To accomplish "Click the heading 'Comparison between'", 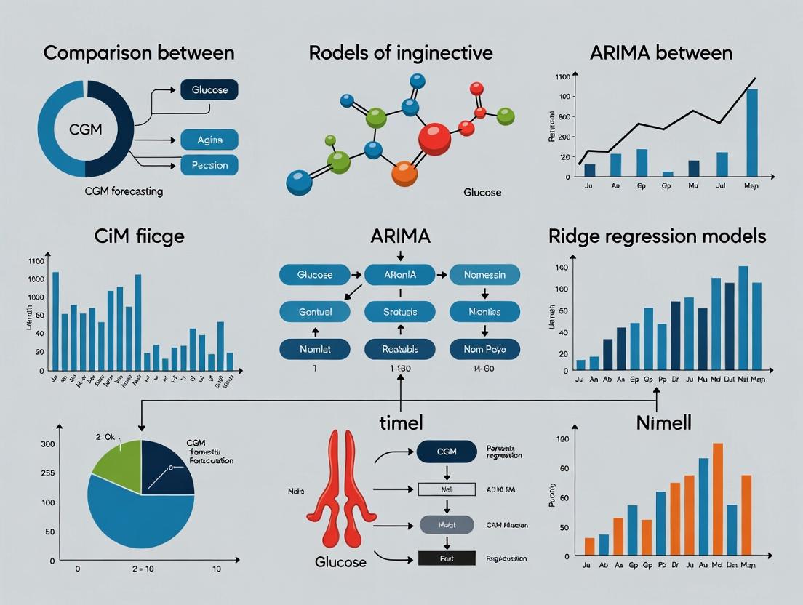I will [138, 53].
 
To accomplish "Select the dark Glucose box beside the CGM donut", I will [209, 90].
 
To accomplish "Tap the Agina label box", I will [209, 138].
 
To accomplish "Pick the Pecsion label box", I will [209, 165].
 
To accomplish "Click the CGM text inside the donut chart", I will [85, 129].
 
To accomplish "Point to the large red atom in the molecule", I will [435, 138].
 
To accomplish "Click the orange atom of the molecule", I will [404, 173].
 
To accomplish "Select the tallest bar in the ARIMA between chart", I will [751, 132].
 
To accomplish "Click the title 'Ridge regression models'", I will [656, 236].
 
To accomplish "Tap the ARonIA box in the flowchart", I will [399, 275].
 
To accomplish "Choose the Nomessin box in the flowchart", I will [484, 275].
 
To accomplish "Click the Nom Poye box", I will [484, 350].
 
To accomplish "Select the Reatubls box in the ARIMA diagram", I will [399, 350].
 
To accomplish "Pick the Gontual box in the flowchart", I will [315, 312].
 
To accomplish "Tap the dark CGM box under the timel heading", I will [447, 452].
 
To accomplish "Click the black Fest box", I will [447, 558].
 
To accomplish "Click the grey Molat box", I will [447, 524].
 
